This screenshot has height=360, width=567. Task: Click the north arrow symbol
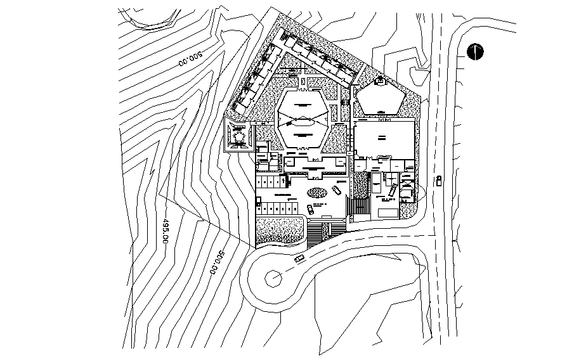(x=475, y=51)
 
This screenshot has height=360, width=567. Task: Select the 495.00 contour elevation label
(x=166, y=231)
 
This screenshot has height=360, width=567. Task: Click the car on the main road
(x=438, y=182)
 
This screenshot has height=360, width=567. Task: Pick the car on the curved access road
(x=299, y=259)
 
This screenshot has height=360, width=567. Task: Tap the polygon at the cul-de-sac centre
(x=274, y=277)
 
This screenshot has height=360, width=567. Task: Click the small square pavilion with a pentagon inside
(x=240, y=136)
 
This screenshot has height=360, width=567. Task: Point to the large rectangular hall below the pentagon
(x=384, y=139)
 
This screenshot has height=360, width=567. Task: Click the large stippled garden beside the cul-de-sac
(x=279, y=231)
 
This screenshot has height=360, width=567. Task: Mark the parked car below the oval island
(x=310, y=210)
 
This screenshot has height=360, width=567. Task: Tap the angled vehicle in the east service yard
(x=393, y=190)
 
